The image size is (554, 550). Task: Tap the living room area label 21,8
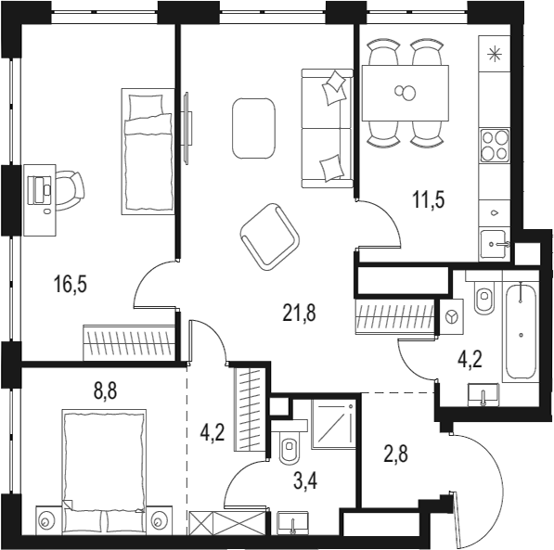pyautogui.click(x=299, y=313)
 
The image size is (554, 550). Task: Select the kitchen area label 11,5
pyautogui.click(x=429, y=198)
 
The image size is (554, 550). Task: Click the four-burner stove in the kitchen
pyautogui.click(x=493, y=145)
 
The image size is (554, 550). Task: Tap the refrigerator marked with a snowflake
pyautogui.click(x=493, y=54)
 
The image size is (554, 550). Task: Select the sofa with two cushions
pyautogui.click(x=327, y=127)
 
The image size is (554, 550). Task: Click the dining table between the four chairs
pyautogui.click(x=406, y=93)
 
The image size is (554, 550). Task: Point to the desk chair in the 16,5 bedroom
pyautogui.click(x=67, y=187)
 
